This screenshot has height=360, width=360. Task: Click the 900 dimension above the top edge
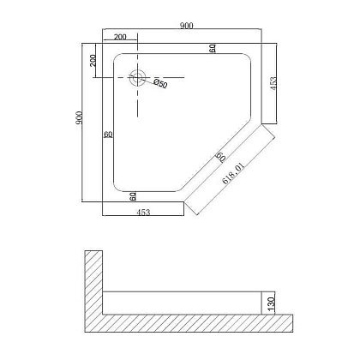tap(187, 26)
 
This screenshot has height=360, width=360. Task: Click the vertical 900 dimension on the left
tap(79, 117)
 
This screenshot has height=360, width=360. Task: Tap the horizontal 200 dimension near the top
tap(120, 37)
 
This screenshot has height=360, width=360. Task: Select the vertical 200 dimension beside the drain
tap(93, 60)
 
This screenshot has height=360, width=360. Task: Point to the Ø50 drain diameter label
tap(160, 83)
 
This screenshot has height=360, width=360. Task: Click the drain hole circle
tap(138, 77)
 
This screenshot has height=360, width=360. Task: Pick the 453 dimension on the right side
tap(273, 83)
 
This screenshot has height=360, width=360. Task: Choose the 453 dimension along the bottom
tap(143, 213)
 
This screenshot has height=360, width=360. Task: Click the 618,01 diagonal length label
tap(233, 173)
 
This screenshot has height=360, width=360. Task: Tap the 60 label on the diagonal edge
tap(220, 157)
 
